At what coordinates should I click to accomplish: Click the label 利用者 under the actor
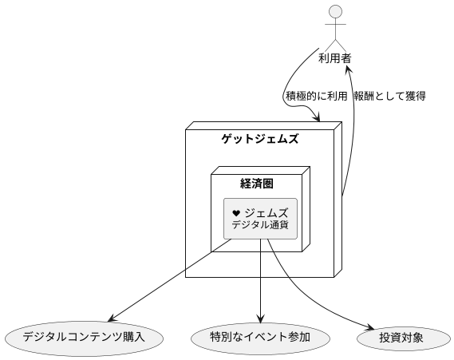336,58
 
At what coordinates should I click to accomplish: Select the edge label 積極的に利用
316,96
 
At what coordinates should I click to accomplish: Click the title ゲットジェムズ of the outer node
259,139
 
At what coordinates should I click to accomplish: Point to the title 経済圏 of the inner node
257,184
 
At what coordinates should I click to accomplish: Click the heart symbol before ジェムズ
236,213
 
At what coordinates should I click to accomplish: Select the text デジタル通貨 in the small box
260,226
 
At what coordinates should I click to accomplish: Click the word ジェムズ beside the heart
266,212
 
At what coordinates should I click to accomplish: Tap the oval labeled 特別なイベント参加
261,337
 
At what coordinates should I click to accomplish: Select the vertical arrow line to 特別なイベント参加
261,279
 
